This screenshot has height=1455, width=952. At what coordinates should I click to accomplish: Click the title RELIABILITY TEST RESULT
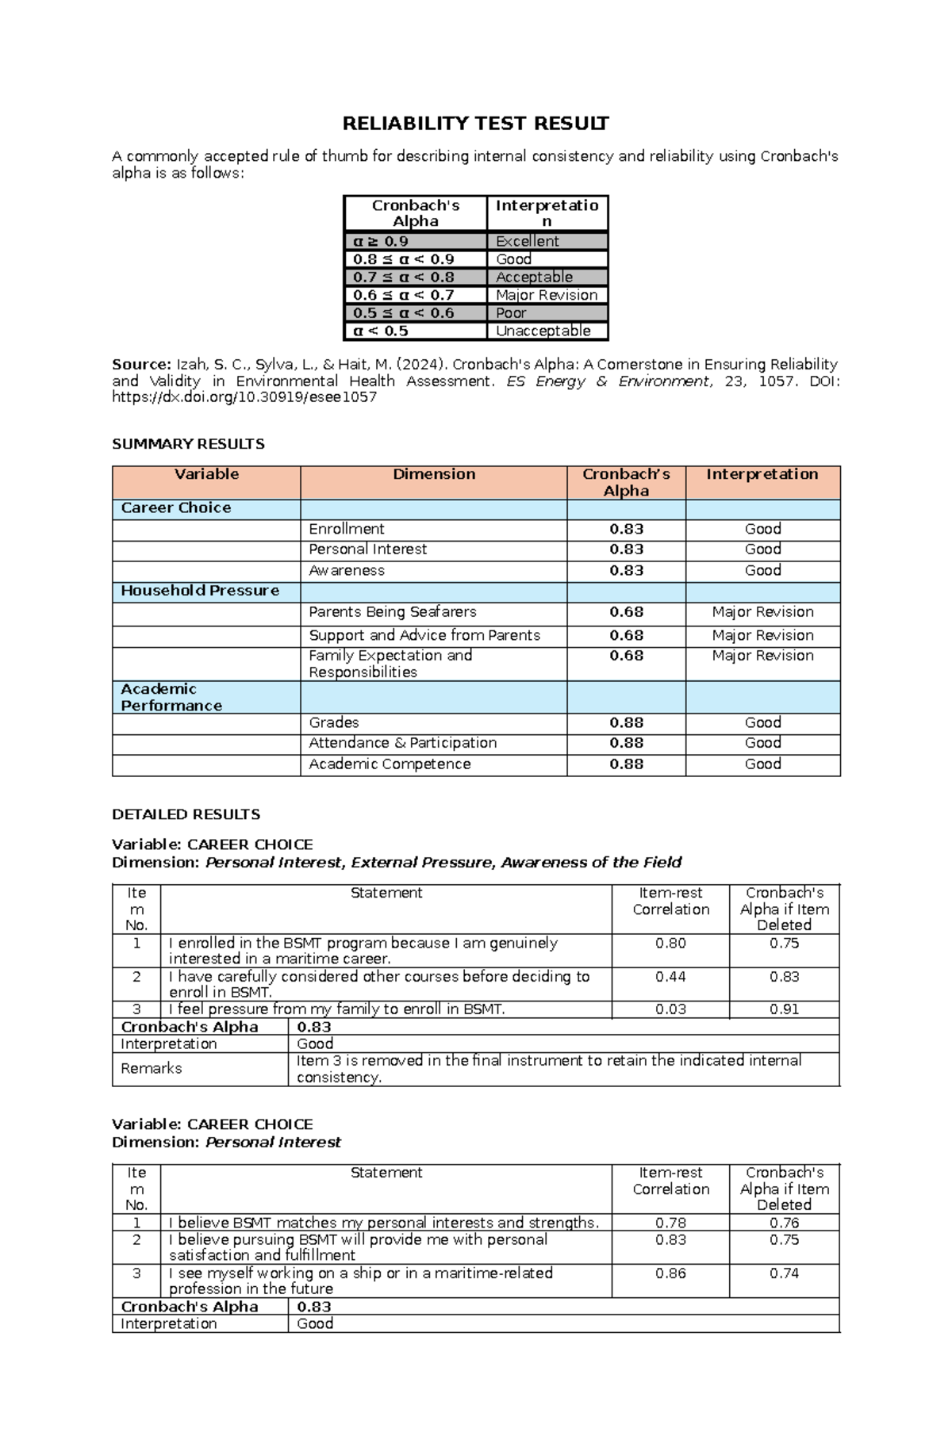[475, 124]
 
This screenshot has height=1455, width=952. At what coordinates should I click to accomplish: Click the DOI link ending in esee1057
[244, 398]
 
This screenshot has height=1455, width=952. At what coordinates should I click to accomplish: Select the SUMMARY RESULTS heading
[188, 444]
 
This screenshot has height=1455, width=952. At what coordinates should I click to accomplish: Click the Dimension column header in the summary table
[434, 474]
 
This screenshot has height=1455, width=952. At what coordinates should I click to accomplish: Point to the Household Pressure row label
[200, 591]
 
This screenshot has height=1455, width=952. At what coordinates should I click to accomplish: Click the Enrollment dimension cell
[347, 529]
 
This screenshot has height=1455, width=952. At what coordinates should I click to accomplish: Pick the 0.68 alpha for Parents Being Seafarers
[626, 612]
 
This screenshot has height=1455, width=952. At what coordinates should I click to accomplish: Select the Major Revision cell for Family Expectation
[762, 656]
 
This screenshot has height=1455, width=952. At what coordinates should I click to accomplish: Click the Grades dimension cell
[334, 722]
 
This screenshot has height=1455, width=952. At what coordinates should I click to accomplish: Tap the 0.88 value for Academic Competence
[626, 764]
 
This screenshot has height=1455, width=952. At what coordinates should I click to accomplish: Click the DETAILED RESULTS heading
[186, 814]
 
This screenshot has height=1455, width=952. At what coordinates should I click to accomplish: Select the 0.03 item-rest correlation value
[670, 1009]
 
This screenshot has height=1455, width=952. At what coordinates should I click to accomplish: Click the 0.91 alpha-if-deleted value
[784, 1009]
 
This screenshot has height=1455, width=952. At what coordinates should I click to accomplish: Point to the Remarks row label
[152, 1069]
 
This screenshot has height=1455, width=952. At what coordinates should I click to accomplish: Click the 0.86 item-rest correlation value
[670, 1273]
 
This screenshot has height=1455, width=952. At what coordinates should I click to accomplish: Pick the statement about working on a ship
[360, 1281]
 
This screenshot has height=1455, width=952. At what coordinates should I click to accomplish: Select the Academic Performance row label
[171, 698]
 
